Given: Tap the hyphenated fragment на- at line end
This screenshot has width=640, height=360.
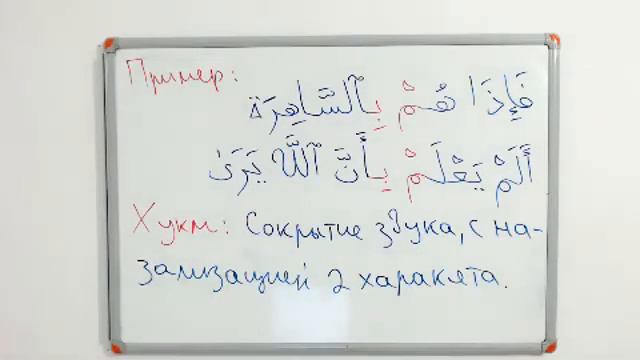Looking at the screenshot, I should point(516,229).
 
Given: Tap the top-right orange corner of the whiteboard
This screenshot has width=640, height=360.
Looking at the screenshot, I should point(553,41).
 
